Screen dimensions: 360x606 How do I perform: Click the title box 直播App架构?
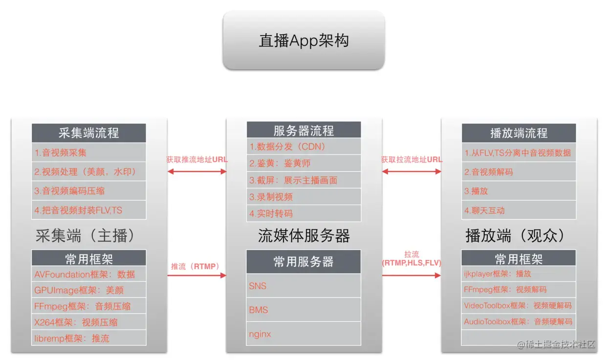(303, 41)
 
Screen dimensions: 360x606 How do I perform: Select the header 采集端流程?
(88, 133)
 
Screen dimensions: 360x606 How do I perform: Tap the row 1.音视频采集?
(88, 152)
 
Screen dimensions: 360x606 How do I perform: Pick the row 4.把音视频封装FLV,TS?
(88, 211)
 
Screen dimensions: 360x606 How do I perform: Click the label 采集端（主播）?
(85, 236)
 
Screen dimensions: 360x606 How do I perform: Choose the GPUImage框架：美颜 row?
(88, 290)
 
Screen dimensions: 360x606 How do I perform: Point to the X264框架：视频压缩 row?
(88, 322)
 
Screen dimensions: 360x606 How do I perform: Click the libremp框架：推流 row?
(88, 338)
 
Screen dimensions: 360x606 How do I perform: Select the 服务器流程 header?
(303, 130)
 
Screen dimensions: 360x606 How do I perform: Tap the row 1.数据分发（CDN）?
(303, 147)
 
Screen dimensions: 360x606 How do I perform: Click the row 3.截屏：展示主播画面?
(303, 180)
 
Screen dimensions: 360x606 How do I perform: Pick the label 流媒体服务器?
(303, 236)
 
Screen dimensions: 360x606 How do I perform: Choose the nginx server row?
(303, 334)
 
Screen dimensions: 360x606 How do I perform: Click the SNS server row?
(303, 286)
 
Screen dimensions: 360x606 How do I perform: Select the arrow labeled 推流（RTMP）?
(197, 275)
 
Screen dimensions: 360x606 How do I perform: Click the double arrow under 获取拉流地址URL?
(411, 171)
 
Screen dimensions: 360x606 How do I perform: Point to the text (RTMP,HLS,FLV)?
(411, 263)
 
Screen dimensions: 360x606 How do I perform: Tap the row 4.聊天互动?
(519, 211)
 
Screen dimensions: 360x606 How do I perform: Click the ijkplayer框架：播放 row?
(519, 274)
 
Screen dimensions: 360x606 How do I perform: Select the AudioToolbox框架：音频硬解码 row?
(519, 322)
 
